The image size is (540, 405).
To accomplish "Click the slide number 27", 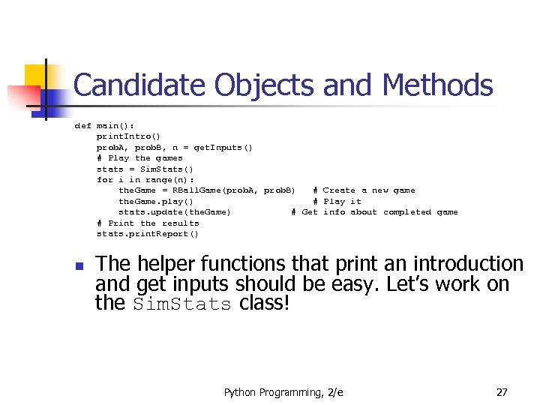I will click(x=502, y=392).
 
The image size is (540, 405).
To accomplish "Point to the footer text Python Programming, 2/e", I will click(x=283, y=392).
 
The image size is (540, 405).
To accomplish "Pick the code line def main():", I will click(x=104, y=126).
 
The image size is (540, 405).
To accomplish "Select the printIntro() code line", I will click(x=128, y=136).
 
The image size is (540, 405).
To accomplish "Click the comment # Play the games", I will click(x=139, y=158).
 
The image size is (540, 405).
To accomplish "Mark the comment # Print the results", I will click(x=148, y=223).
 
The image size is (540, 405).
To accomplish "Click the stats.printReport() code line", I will click(x=148, y=234).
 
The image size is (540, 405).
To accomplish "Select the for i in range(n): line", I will click(x=145, y=180).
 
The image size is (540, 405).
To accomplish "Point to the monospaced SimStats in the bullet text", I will click(x=182, y=304).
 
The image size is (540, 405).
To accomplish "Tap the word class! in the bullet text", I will click(x=264, y=304).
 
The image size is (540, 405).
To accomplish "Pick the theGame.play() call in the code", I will click(x=156, y=201).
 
